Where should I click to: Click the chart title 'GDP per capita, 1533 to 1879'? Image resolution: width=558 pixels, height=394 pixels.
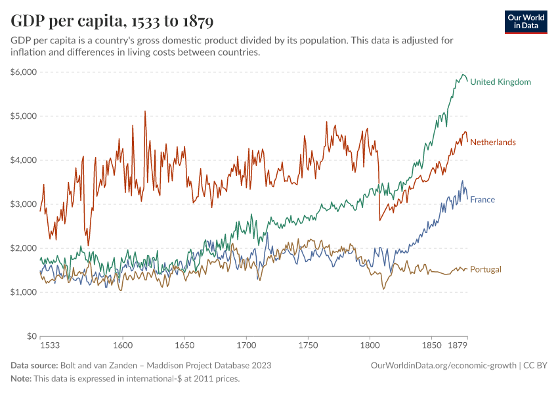(x=112, y=21)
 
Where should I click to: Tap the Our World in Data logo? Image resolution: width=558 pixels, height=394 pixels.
(x=525, y=22)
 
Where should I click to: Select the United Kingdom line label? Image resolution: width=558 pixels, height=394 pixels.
(x=500, y=82)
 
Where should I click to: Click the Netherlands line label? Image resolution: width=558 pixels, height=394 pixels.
(x=493, y=142)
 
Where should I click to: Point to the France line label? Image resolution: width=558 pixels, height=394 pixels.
(x=483, y=200)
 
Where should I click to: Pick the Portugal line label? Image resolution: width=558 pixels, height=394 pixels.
(x=486, y=269)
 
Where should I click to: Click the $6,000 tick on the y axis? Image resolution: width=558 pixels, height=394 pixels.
(x=24, y=72)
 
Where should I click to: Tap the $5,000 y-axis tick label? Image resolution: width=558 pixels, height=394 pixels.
(x=24, y=116)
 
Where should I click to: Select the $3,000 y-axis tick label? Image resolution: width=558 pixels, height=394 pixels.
(x=24, y=204)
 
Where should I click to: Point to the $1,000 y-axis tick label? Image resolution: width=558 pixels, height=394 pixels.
(x=24, y=292)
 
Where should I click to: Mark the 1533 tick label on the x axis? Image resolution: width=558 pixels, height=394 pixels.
(x=50, y=345)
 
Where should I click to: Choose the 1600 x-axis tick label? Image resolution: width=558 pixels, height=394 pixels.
(x=123, y=345)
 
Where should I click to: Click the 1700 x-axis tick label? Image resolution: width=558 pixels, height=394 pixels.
(x=246, y=345)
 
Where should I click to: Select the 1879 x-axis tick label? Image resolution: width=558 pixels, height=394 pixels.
(x=458, y=345)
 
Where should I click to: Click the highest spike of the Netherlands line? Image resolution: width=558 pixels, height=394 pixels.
(x=145, y=112)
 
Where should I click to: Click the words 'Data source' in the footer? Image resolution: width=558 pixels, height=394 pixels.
(x=33, y=365)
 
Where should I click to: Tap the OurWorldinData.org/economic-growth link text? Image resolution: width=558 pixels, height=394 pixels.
(x=444, y=365)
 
